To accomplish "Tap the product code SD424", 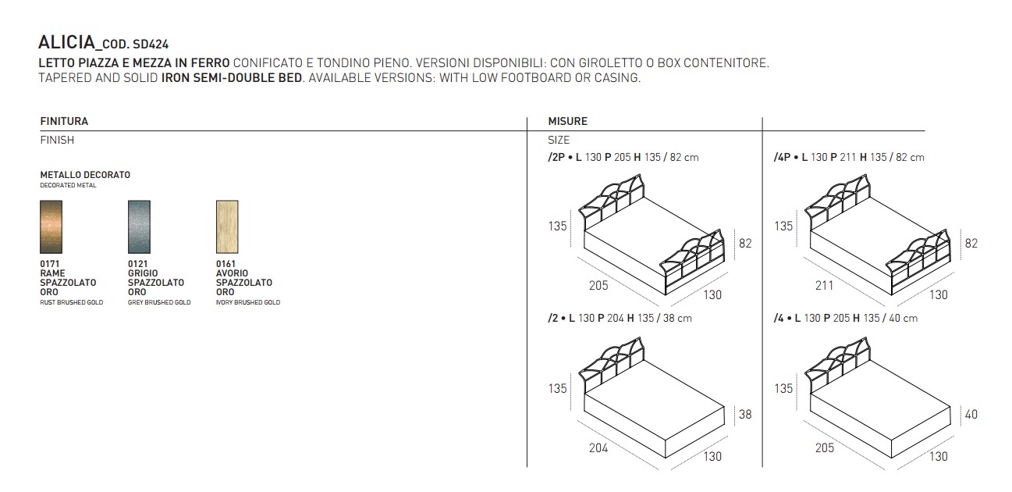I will click(151, 45).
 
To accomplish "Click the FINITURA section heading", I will click(64, 121).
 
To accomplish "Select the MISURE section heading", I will click(568, 121).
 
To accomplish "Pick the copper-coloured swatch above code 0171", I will click(51, 226).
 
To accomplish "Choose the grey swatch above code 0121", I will click(139, 226).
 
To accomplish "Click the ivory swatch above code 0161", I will click(227, 226).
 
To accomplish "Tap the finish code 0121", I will click(137, 264).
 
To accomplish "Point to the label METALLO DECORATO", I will click(85, 175).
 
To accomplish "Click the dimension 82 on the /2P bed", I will click(745, 244).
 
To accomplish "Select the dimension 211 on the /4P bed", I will click(824, 285).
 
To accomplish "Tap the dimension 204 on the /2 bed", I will click(598, 447).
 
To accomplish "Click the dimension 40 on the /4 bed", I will click(971, 415).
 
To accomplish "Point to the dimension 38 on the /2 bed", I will click(745, 415).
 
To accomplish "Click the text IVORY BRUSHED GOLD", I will click(247, 302).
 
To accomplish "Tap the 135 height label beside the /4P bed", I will click(783, 226).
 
